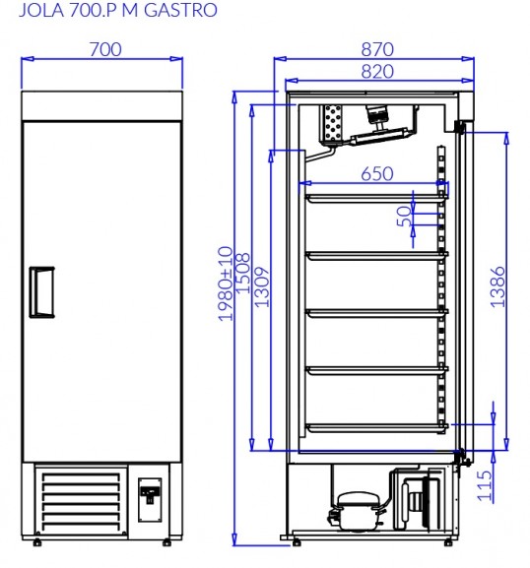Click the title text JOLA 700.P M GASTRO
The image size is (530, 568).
click(118, 10)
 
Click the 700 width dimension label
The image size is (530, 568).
click(105, 49)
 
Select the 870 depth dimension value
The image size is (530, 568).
click(377, 49)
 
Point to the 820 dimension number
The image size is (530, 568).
click(377, 71)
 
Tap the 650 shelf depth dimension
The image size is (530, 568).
click(377, 174)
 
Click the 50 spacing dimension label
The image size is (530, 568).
click(405, 217)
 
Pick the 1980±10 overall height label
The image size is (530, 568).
click(226, 284)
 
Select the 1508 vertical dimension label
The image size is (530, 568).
click(243, 273)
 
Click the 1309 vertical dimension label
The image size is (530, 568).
click(262, 287)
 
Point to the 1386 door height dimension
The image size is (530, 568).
click(497, 287)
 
